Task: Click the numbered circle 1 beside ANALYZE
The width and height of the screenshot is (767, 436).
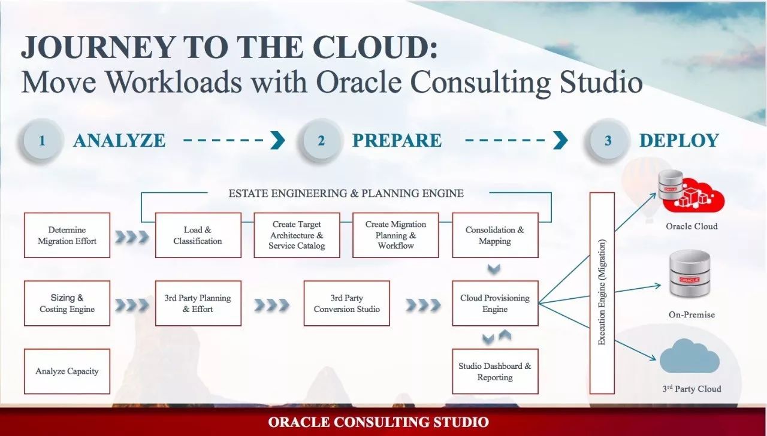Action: pos(42,140)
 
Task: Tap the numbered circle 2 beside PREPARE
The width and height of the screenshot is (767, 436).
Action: pos(321,140)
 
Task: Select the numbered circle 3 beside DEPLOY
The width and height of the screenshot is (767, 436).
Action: pos(608,140)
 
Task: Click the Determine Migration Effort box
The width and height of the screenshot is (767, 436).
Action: pos(67,235)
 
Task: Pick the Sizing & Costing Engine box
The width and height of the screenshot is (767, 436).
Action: pos(67,303)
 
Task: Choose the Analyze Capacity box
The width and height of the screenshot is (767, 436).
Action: pos(67,371)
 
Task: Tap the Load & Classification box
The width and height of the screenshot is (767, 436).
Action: pos(198,235)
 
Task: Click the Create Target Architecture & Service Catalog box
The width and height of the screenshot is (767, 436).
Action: pos(297,235)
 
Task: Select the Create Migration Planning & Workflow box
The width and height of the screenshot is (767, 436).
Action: pos(395,235)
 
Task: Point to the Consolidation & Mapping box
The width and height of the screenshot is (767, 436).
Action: pos(495,235)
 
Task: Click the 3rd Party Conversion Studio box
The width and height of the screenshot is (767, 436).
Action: pos(347,303)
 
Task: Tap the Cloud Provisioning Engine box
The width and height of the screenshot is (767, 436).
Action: pos(495,303)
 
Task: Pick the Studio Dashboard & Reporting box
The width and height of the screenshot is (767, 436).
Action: pos(495,371)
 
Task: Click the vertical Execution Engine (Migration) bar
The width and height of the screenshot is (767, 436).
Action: pos(602,293)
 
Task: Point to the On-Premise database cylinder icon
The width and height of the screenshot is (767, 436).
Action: pos(690,274)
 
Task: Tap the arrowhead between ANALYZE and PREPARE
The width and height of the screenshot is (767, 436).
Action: pos(277,140)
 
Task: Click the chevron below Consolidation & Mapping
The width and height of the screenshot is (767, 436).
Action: pos(494,269)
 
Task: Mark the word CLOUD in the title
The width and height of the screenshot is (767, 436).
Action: pos(375,47)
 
